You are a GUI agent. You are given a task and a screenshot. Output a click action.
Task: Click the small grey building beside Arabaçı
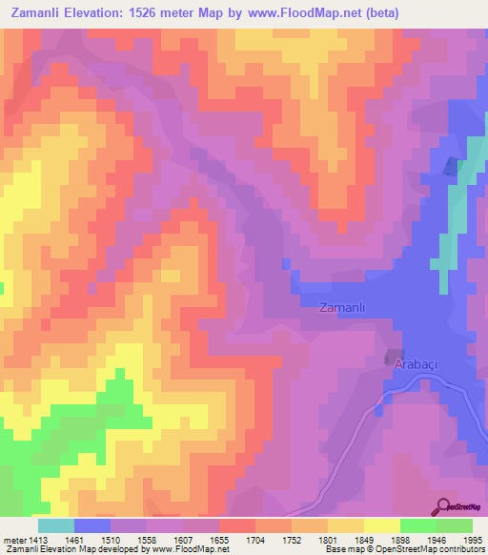click(x=392, y=359)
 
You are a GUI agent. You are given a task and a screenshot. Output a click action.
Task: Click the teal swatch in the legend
click(x=55, y=524)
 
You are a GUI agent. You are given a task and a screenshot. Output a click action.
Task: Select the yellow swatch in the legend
click(x=381, y=524)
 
